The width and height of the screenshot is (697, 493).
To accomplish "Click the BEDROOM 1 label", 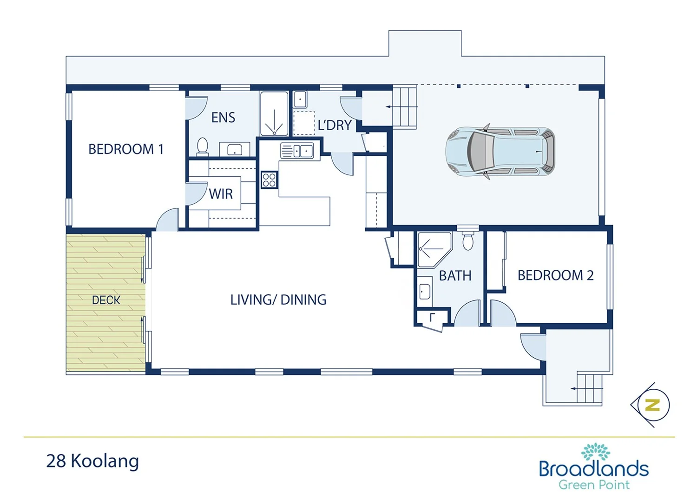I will [125, 149].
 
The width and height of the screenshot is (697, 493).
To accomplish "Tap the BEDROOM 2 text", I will [555, 275].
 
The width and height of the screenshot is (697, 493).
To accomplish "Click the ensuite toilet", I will [203, 146].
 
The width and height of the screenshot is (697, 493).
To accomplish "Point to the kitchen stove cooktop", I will [269, 180].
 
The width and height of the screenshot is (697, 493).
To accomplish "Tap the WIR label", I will [221, 194].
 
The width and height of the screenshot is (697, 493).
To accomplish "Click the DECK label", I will [106, 300].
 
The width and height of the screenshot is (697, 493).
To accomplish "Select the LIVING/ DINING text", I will [278, 300].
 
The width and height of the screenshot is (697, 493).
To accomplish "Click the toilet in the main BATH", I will [468, 241].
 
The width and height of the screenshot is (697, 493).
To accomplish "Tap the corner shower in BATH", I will [433, 250].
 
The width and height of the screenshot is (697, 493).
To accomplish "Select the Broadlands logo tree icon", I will [595, 452].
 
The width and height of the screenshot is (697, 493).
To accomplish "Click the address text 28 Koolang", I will [92, 461].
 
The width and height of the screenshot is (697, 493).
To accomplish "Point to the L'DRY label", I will [334, 126].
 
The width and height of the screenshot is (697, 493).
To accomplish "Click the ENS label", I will [223, 118].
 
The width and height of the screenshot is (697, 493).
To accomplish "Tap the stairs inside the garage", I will [404, 107].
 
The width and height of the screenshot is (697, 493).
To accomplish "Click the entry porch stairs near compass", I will [589, 388].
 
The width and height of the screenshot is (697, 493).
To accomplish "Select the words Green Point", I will [594, 485].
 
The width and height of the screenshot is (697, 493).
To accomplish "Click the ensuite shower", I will [274, 114].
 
